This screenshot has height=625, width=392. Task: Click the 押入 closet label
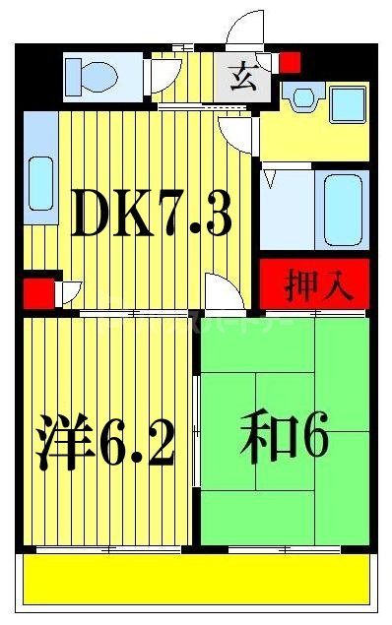pyautogui.click(x=313, y=285)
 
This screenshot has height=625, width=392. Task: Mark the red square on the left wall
pyautogui.click(x=33, y=292)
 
